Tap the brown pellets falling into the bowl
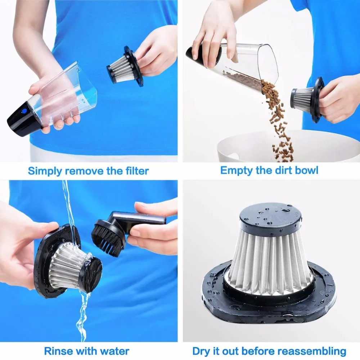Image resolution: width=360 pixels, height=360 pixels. pyautogui.click(x=279, y=122)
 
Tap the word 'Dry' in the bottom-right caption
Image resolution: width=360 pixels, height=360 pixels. pyautogui.click(x=201, y=351)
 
